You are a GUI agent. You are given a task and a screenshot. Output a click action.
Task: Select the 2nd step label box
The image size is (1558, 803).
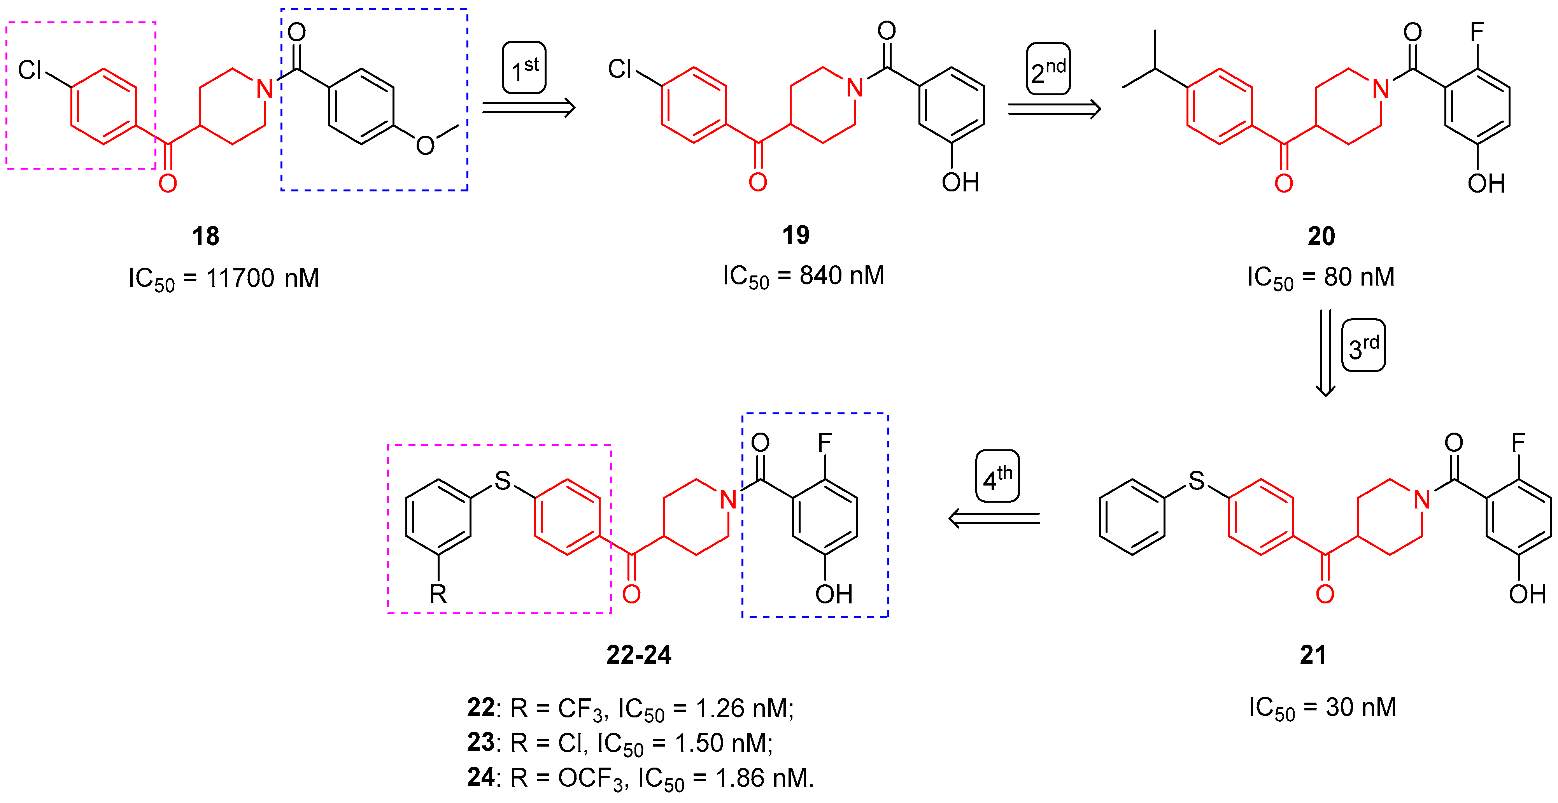[1048, 69]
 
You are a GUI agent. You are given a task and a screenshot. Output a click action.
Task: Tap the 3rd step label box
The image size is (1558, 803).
[1363, 345]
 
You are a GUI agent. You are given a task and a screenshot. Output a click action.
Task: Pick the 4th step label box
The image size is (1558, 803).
[997, 476]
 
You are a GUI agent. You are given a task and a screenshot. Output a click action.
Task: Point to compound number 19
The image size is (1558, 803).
[795, 235]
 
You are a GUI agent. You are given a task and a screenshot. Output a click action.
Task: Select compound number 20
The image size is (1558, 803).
[1321, 236]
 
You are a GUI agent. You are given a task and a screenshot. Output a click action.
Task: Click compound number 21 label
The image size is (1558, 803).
[1313, 655]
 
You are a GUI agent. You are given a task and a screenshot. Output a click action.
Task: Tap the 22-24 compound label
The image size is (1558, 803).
[639, 655]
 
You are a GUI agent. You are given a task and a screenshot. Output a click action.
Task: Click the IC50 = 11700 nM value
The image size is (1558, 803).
[224, 279]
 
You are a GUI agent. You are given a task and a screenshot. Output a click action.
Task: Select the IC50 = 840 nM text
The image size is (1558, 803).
[803, 276]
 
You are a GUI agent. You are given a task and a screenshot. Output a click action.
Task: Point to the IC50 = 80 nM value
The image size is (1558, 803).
[1321, 277]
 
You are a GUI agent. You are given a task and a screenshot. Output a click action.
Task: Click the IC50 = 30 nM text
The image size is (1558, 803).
[1322, 707]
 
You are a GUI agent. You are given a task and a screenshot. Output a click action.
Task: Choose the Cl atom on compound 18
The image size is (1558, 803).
[29, 70]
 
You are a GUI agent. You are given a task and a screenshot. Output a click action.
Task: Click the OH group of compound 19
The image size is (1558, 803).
[960, 182]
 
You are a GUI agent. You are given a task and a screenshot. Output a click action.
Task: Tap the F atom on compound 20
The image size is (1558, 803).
[1477, 32]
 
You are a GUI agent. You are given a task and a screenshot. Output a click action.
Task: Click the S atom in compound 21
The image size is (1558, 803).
[1196, 481]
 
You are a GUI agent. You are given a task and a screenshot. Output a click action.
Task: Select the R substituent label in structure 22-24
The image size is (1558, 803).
[438, 594]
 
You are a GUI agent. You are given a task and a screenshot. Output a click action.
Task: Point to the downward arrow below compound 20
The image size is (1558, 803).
[1325, 354]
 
